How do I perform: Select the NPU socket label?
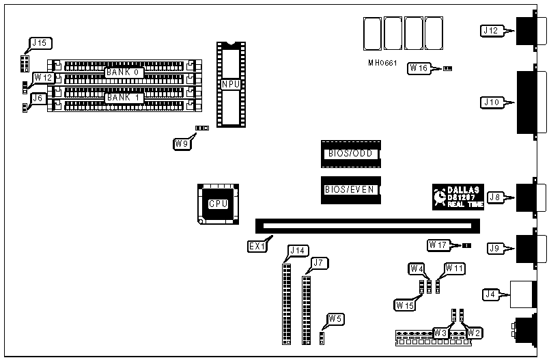(x=229, y=83)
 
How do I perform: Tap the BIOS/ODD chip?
(x=350, y=154)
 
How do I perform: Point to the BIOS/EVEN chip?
(x=350, y=189)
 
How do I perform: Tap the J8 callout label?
(x=496, y=197)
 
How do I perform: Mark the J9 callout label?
(x=496, y=248)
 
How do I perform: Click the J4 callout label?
(x=490, y=295)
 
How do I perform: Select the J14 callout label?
(x=298, y=250)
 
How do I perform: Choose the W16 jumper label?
(x=419, y=68)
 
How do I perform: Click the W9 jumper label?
(x=182, y=143)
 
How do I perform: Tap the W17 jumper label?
(x=438, y=245)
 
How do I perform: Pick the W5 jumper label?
(x=335, y=318)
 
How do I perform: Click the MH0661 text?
(x=381, y=63)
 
